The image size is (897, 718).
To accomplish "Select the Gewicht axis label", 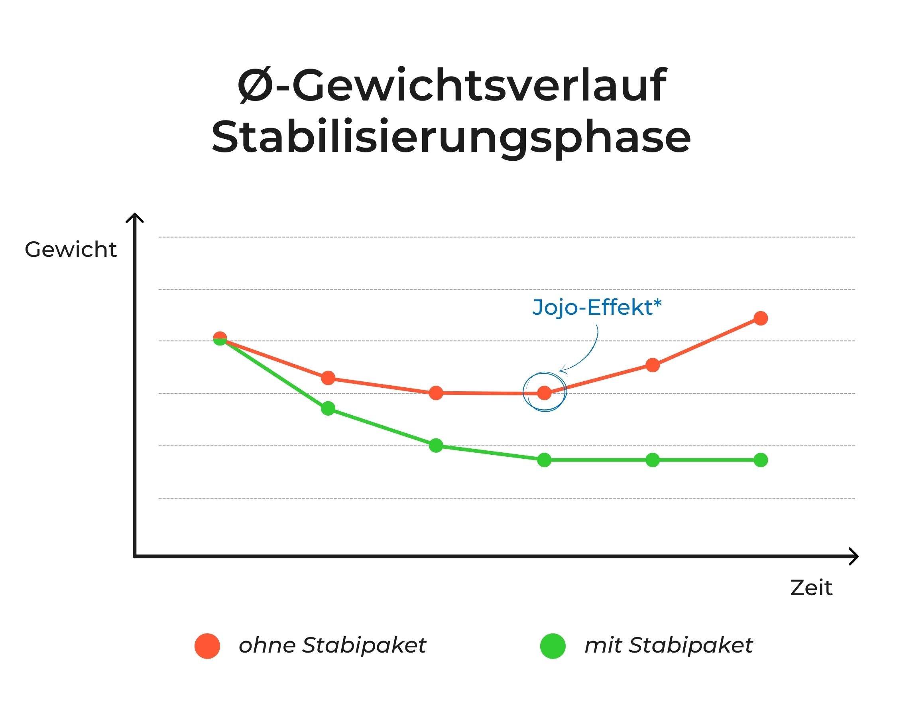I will click(x=71, y=250).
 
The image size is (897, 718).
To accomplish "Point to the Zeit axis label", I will click(x=811, y=588).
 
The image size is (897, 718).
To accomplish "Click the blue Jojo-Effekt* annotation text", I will click(x=597, y=308).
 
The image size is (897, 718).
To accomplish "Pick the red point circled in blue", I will click(x=544, y=393).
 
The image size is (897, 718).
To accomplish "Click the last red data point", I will click(x=761, y=318).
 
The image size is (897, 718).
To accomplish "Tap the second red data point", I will click(x=328, y=378).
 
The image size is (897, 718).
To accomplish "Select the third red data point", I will click(x=436, y=393).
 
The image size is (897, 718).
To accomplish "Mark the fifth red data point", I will click(x=652, y=365).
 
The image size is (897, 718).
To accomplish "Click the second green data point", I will click(x=328, y=408).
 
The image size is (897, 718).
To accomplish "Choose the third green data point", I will click(x=436, y=446).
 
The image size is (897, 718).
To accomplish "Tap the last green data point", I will click(x=761, y=460).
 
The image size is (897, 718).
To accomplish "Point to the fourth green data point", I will click(x=544, y=460).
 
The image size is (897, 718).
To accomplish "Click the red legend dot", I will click(x=207, y=646).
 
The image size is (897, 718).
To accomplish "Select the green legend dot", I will click(x=553, y=646).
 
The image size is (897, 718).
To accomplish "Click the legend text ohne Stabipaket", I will click(x=332, y=645).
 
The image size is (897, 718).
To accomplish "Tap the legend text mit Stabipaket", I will click(x=669, y=645).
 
